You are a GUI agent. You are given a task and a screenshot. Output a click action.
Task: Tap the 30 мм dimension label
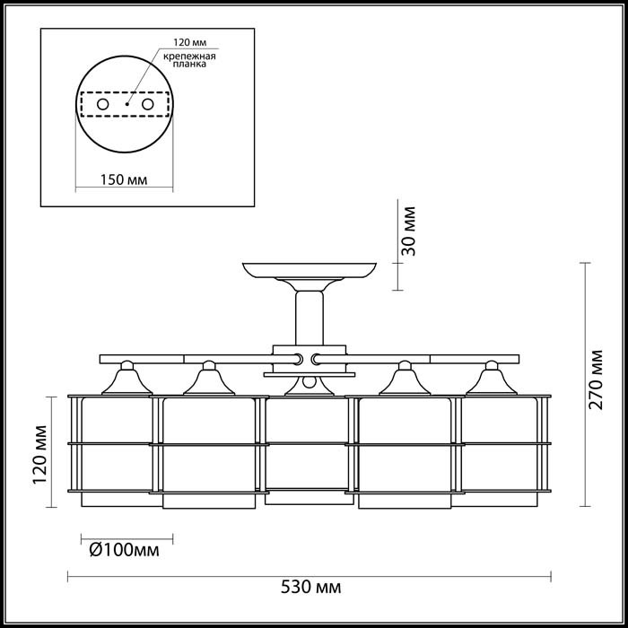click(x=410, y=232)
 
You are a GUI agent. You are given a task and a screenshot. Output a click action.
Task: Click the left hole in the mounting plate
click(x=103, y=105)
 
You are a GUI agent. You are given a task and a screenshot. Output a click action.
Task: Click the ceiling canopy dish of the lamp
click(x=310, y=269)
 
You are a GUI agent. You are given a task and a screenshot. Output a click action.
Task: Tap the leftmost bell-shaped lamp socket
click(x=127, y=380)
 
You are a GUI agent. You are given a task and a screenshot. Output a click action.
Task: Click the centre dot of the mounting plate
click(x=126, y=105)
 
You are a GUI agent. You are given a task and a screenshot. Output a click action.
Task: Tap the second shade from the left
click(x=208, y=449)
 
